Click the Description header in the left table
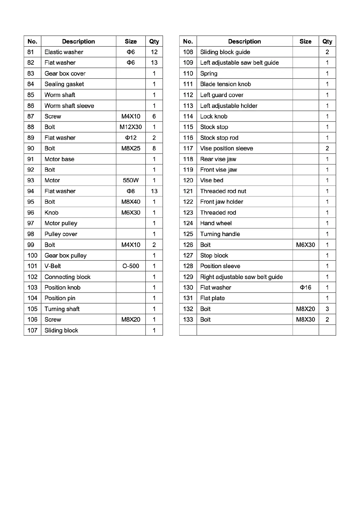click(x=78, y=41)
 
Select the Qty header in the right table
click(x=327, y=41)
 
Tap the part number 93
click(x=31, y=180)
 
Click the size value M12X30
click(x=131, y=127)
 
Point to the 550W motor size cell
click(x=131, y=180)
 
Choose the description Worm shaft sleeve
click(x=69, y=106)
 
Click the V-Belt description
click(x=53, y=266)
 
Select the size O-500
click(x=131, y=266)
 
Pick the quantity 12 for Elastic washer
click(x=154, y=52)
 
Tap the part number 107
click(x=32, y=330)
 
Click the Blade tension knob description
click(x=225, y=84)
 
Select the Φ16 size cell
click(x=305, y=287)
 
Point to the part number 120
click(x=188, y=180)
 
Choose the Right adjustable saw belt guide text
click(x=242, y=277)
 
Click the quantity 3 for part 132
click(x=327, y=309)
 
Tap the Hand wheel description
click(x=216, y=223)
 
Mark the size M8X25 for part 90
click(x=131, y=148)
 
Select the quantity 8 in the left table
click(x=154, y=148)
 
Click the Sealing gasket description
click(x=64, y=84)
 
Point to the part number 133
click(x=188, y=319)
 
